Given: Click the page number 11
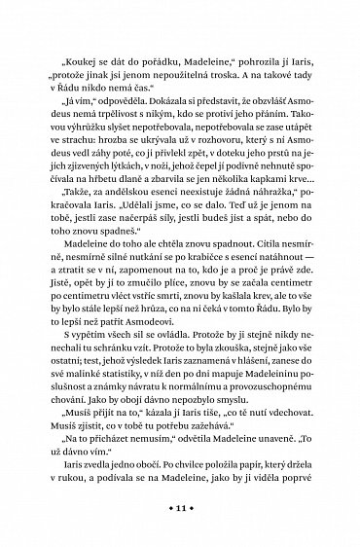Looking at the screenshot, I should (x=181, y=508).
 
